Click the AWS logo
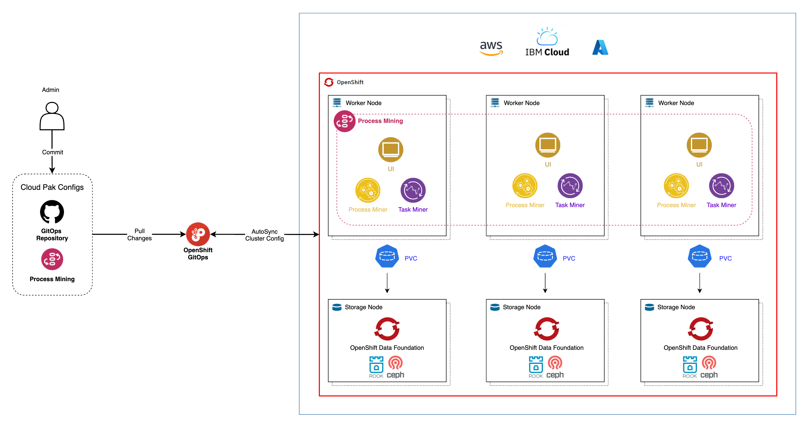(x=491, y=48)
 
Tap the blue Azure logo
(x=600, y=47)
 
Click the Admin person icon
(x=52, y=116)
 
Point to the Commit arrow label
(x=53, y=152)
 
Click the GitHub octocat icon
(x=52, y=212)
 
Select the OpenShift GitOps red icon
(x=198, y=234)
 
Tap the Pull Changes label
(x=139, y=234)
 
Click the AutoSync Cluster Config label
(x=264, y=235)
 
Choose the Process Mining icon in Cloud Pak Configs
(x=52, y=259)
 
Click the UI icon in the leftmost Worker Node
(x=390, y=150)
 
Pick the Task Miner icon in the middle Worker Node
(x=570, y=186)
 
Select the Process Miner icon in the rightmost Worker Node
(x=676, y=186)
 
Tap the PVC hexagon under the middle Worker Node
(x=545, y=256)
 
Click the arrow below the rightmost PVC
(x=700, y=283)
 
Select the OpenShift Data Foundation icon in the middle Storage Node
(x=546, y=329)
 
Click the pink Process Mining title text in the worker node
(x=380, y=121)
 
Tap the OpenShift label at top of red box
(x=350, y=82)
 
